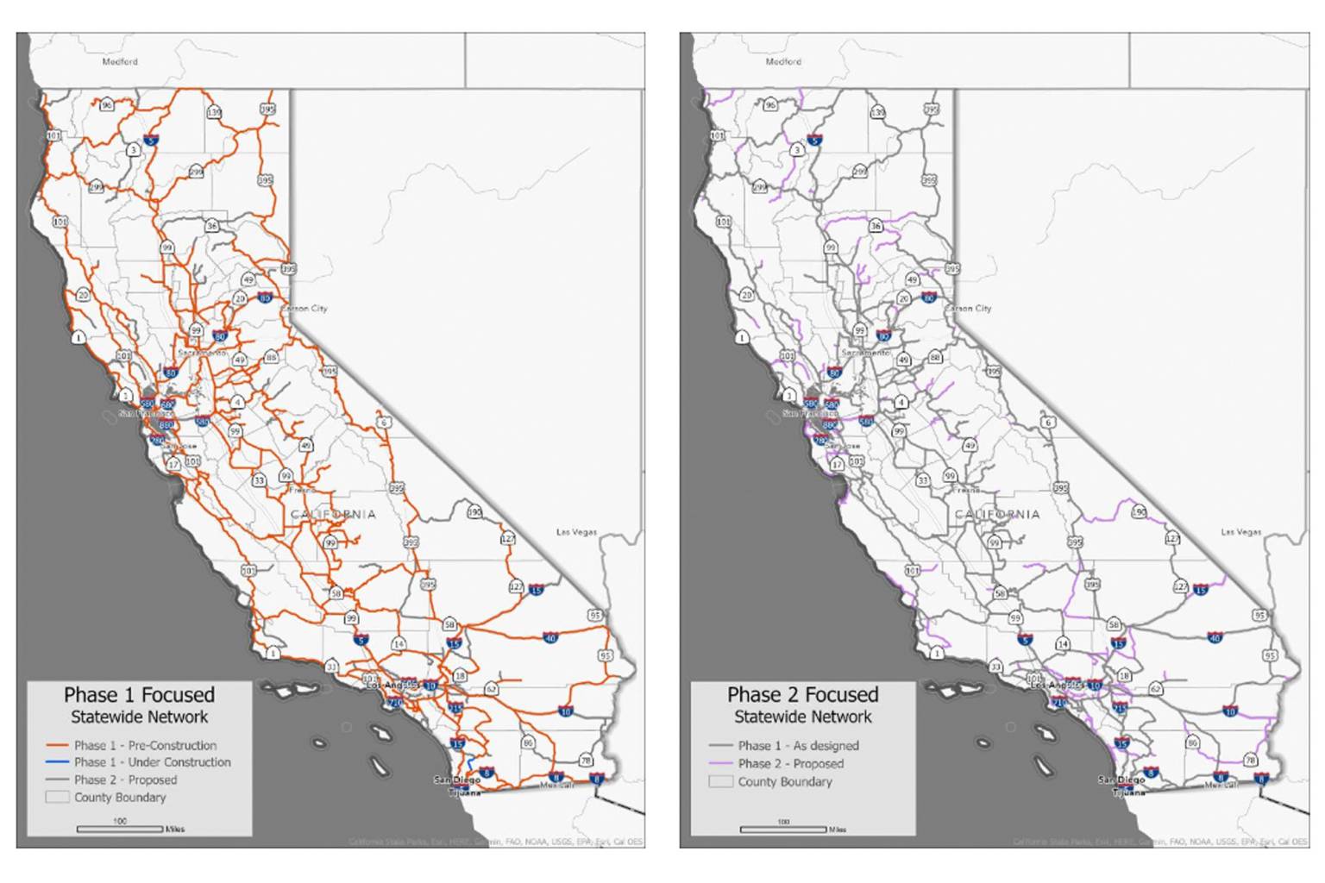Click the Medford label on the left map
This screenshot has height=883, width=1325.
(120, 61)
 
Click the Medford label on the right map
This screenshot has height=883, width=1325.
(783, 61)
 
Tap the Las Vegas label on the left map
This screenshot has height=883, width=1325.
(576, 532)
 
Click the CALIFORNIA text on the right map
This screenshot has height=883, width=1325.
(997, 514)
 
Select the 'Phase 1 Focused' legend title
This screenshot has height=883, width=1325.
(139, 695)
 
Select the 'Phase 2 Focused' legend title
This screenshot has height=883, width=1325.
(802, 695)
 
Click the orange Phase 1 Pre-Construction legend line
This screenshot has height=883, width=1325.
(57, 745)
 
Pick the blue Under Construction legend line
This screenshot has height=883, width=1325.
(57, 762)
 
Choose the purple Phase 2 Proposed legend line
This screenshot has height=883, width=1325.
(720, 764)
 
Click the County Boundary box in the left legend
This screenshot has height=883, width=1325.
(57, 798)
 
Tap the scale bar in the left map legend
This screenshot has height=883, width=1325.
(119, 829)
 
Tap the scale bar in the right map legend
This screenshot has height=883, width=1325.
(782, 829)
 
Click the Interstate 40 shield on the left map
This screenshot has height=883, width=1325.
(550, 638)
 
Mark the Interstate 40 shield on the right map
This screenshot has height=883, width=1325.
(1215, 638)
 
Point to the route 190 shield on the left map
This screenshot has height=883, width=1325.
(474, 511)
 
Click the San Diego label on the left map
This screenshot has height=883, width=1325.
(456, 780)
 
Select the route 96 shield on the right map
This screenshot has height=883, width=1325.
(770, 105)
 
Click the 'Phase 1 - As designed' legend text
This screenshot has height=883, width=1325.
(798, 746)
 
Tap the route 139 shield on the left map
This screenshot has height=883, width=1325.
(214, 112)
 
